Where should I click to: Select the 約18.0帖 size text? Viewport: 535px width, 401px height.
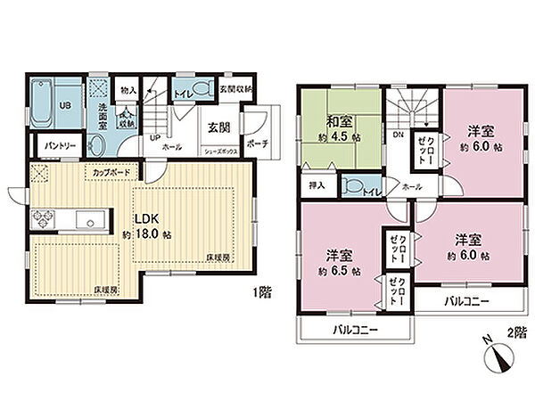tap(148, 234)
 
